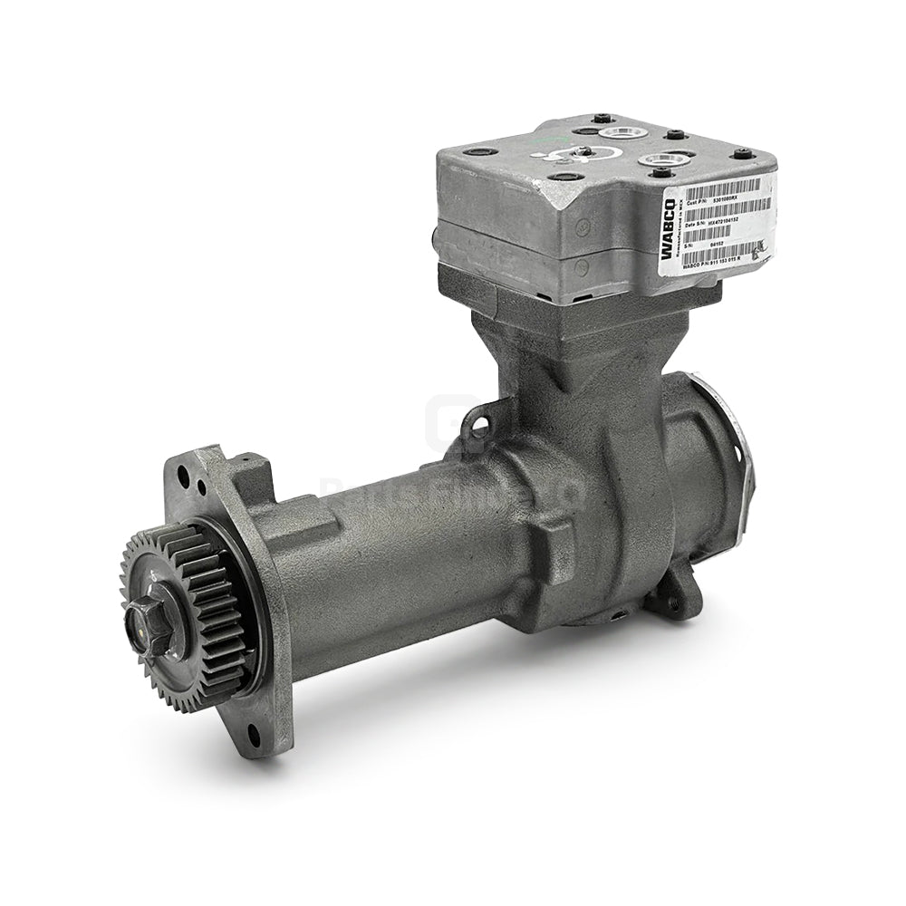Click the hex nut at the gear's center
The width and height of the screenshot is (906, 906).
147,622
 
